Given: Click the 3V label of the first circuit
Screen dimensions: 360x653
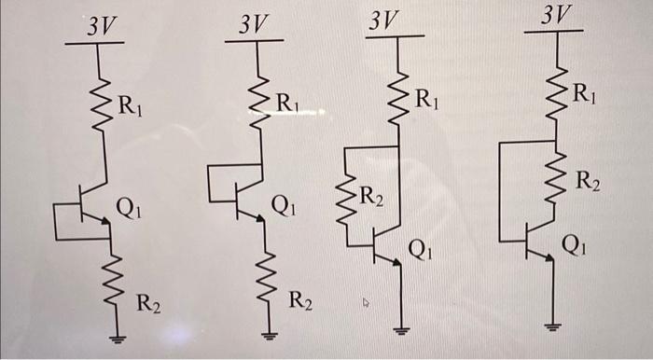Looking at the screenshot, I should click(x=102, y=26).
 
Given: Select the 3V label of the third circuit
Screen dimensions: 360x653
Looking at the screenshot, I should click(x=383, y=20).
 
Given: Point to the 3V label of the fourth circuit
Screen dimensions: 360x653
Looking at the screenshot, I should click(x=556, y=14).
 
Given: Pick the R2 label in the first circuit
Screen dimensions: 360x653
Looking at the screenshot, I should click(x=148, y=302).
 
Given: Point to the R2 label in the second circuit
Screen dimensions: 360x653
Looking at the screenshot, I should click(x=300, y=300).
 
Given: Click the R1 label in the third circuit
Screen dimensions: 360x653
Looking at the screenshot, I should click(x=426, y=97).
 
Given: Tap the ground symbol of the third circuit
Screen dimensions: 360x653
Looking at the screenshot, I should click(x=402, y=329).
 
